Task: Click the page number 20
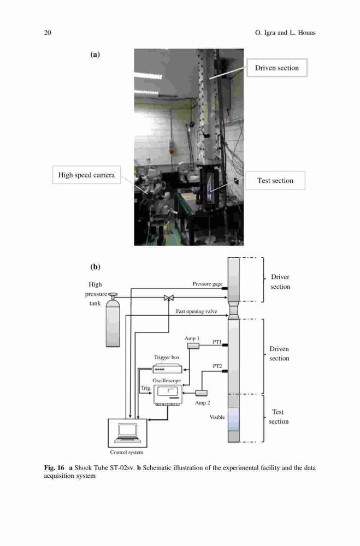[x=48, y=33]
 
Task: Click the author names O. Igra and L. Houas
[x=285, y=33]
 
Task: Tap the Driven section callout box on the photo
[x=277, y=68]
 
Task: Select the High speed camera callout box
[x=86, y=175]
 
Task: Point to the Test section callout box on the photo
[x=275, y=180]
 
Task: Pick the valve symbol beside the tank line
[x=169, y=298]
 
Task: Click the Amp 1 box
[x=193, y=346]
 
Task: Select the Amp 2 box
[x=201, y=393]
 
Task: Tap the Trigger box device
[x=167, y=369]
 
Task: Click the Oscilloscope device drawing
[x=168, y=395]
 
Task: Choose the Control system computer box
[x=127, y=433]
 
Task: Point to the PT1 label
[x=217, y=342]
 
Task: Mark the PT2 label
[x=217, y=366]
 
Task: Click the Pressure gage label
[x=208, y=284]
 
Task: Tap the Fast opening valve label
[x=196, y=311]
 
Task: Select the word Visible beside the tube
[x=217, y=417]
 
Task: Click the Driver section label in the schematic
[x=280, y=282]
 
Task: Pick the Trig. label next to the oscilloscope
[x=146, y=388]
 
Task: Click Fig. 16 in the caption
[x=54, y=468]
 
